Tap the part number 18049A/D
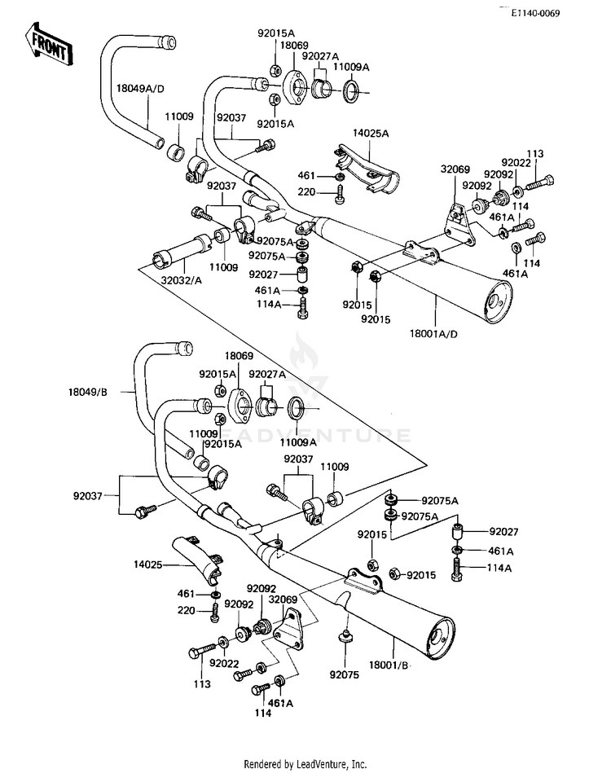tap(140, 88)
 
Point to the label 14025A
tap(371, 132)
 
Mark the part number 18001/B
tap(393, 666)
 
